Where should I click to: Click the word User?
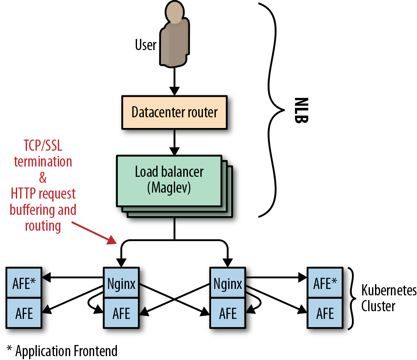146,45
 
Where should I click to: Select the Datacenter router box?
174,113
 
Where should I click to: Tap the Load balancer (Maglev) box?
169,179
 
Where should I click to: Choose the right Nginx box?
226,283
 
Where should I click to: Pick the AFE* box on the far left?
24,283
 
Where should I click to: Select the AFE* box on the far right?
325,283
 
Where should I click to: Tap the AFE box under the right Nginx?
226,313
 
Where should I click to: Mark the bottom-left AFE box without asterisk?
24,313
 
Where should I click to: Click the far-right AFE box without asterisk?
325,313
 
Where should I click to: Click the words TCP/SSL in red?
38,147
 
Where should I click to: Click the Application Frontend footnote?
62,351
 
